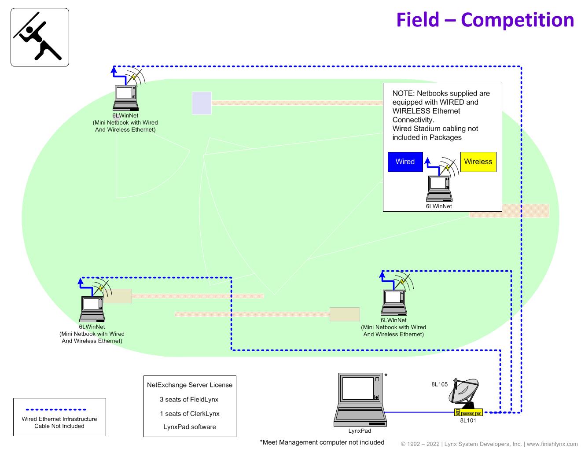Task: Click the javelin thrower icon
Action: coord(40,37)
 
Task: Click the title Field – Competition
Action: coord(485,20)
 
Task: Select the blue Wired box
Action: coord(405,162)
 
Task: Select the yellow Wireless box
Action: coord(478,162)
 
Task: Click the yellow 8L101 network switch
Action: coord(468,412)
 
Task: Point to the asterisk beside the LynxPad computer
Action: coord(386,375)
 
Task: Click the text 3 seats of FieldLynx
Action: coord(189,400)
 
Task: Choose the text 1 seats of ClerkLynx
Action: coord(189,413)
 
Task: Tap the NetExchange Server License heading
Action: coord(189,385)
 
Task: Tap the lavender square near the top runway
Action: coord(202,103)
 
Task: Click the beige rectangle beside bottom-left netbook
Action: coord(118,296)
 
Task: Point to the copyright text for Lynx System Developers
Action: coord(489,444)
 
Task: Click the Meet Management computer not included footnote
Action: coord(322,442)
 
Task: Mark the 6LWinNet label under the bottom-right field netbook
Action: coord(393,320)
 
